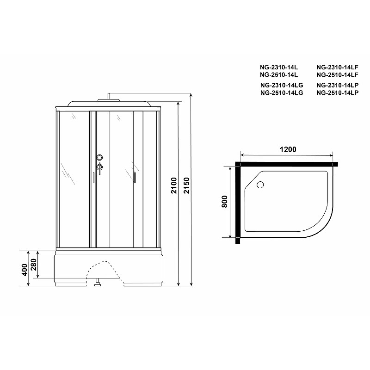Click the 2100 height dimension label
click(174, 185)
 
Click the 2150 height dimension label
click(187, 185)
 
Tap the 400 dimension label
click(25, 270)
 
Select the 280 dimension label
click(34, 265)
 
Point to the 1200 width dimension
click(288, 149)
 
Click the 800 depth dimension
click(225, 202)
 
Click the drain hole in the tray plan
click(260, 185)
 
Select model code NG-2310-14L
click(279, 67)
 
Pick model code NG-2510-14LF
click(338, 75)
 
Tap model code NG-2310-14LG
click(282, 85)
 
